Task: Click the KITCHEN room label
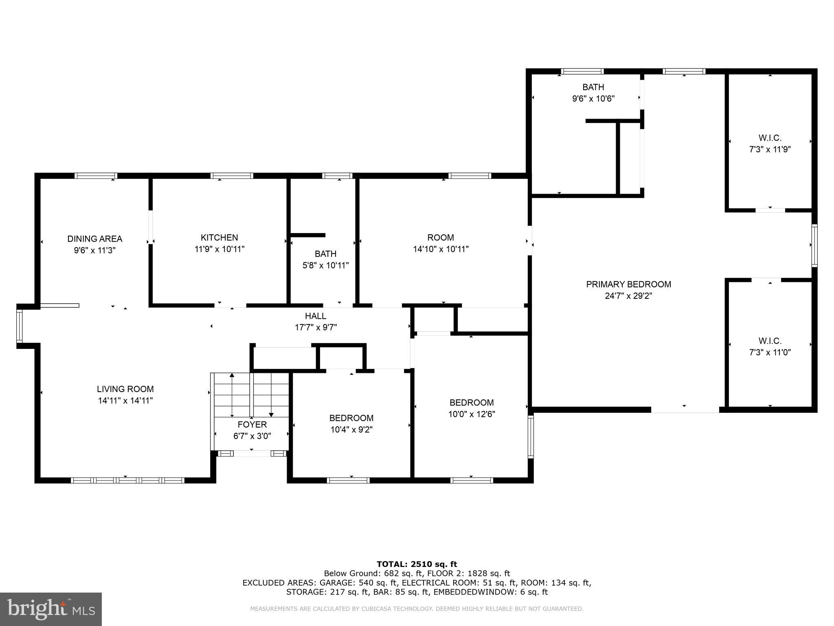click(x=219, y=238)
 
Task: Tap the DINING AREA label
click(x=94, y=239)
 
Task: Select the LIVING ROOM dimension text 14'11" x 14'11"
click(x=125, y=401)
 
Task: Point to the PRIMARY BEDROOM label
click(x=628, y=284)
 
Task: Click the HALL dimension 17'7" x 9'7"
click(x=316, y=327)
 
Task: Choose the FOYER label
click(x=252, y=425)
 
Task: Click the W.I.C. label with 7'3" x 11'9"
click(x=770, y=138)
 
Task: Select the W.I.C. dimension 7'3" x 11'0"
click(x=770, y=353)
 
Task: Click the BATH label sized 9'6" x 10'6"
click(x=593, y=87)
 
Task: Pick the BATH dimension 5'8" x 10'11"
click(x=325, y=266)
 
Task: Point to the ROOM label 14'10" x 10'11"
click(x=441, y=238)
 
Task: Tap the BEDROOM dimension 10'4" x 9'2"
click(x=351, y=430)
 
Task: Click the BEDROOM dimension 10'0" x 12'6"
click(x=472, y=414)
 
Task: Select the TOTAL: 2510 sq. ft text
click(x=417, y=564)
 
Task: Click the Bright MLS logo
click(x=51, y=609)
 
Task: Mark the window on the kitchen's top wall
click(x=232, y=176)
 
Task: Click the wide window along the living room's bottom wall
click(x=127, y=480)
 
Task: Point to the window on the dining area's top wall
click(x=96, y=176)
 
